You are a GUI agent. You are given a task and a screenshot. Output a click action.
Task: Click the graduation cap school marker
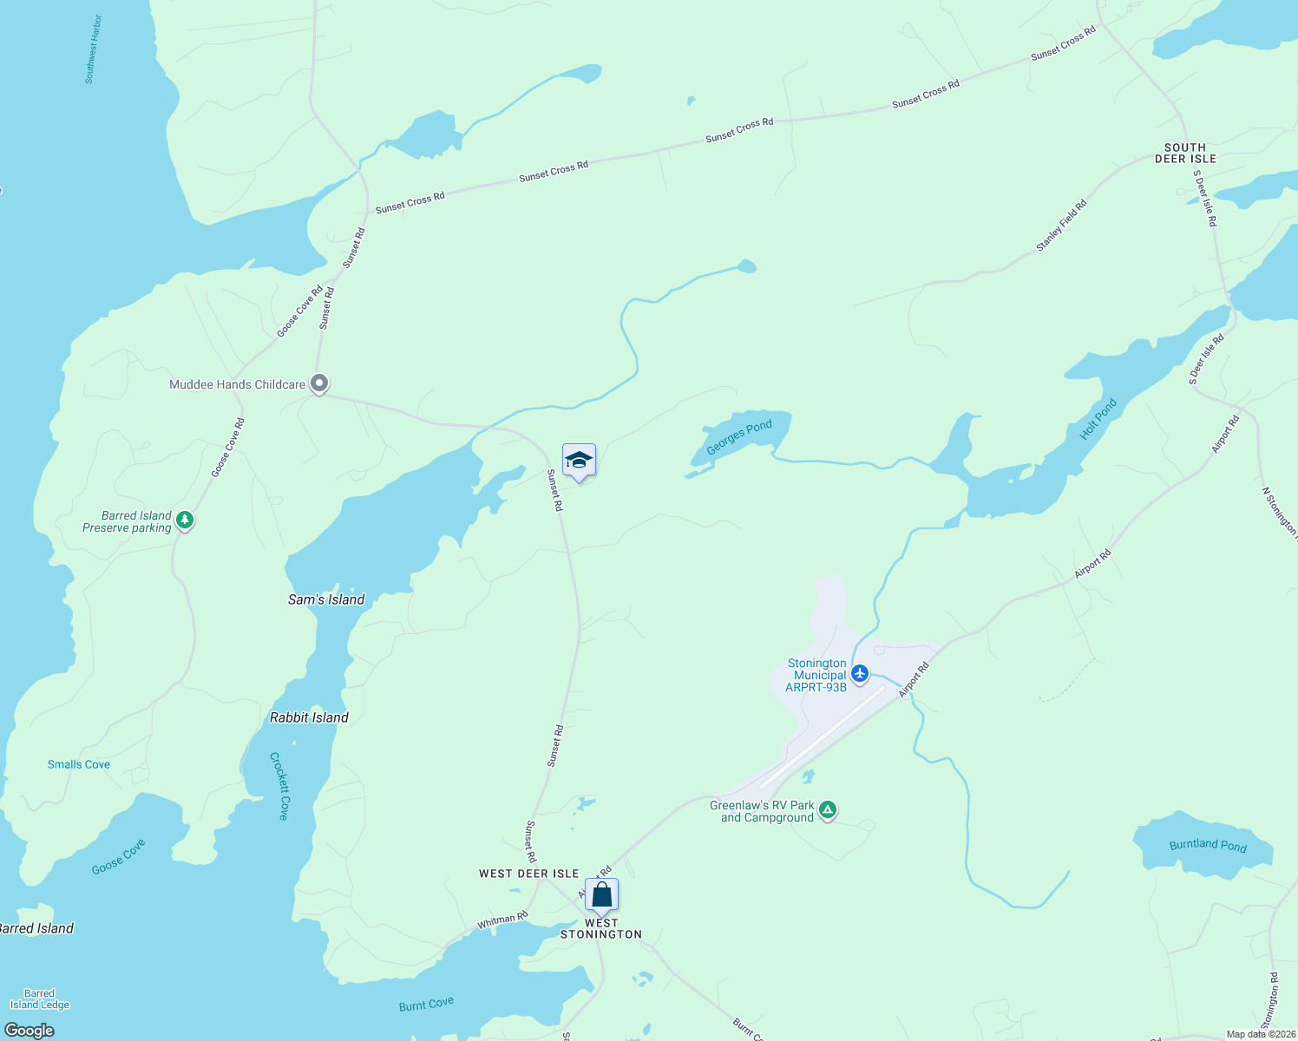579,461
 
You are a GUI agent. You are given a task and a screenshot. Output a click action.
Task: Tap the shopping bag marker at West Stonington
601,895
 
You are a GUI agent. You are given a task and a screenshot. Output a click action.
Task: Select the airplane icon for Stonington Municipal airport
860,673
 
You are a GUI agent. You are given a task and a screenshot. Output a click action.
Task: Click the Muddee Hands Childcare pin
319,383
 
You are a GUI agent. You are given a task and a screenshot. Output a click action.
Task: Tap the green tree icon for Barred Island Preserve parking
184,520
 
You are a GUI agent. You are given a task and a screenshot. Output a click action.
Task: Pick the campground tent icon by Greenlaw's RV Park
828,810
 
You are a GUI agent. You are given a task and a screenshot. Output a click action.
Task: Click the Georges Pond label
738,437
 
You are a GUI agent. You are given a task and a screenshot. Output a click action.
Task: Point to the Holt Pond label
1098,419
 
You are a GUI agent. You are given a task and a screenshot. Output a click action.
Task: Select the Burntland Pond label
1207,845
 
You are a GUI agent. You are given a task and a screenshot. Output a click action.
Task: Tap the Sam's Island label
326,599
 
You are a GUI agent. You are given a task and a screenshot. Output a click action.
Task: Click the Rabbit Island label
309,717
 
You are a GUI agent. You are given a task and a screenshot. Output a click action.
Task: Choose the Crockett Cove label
279,786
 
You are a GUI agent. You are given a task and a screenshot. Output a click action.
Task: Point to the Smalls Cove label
79,764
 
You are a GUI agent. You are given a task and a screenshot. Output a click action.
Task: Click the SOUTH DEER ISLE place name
1185,154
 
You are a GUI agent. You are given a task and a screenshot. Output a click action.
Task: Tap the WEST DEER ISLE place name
528,874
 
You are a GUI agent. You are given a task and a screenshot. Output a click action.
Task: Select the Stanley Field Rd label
1060,226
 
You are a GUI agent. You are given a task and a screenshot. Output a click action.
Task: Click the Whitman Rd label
502,921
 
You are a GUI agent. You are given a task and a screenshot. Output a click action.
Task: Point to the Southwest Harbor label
94,49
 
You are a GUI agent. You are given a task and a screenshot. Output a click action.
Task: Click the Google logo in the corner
29,1031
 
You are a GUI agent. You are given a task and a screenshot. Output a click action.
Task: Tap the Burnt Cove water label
426,1005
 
